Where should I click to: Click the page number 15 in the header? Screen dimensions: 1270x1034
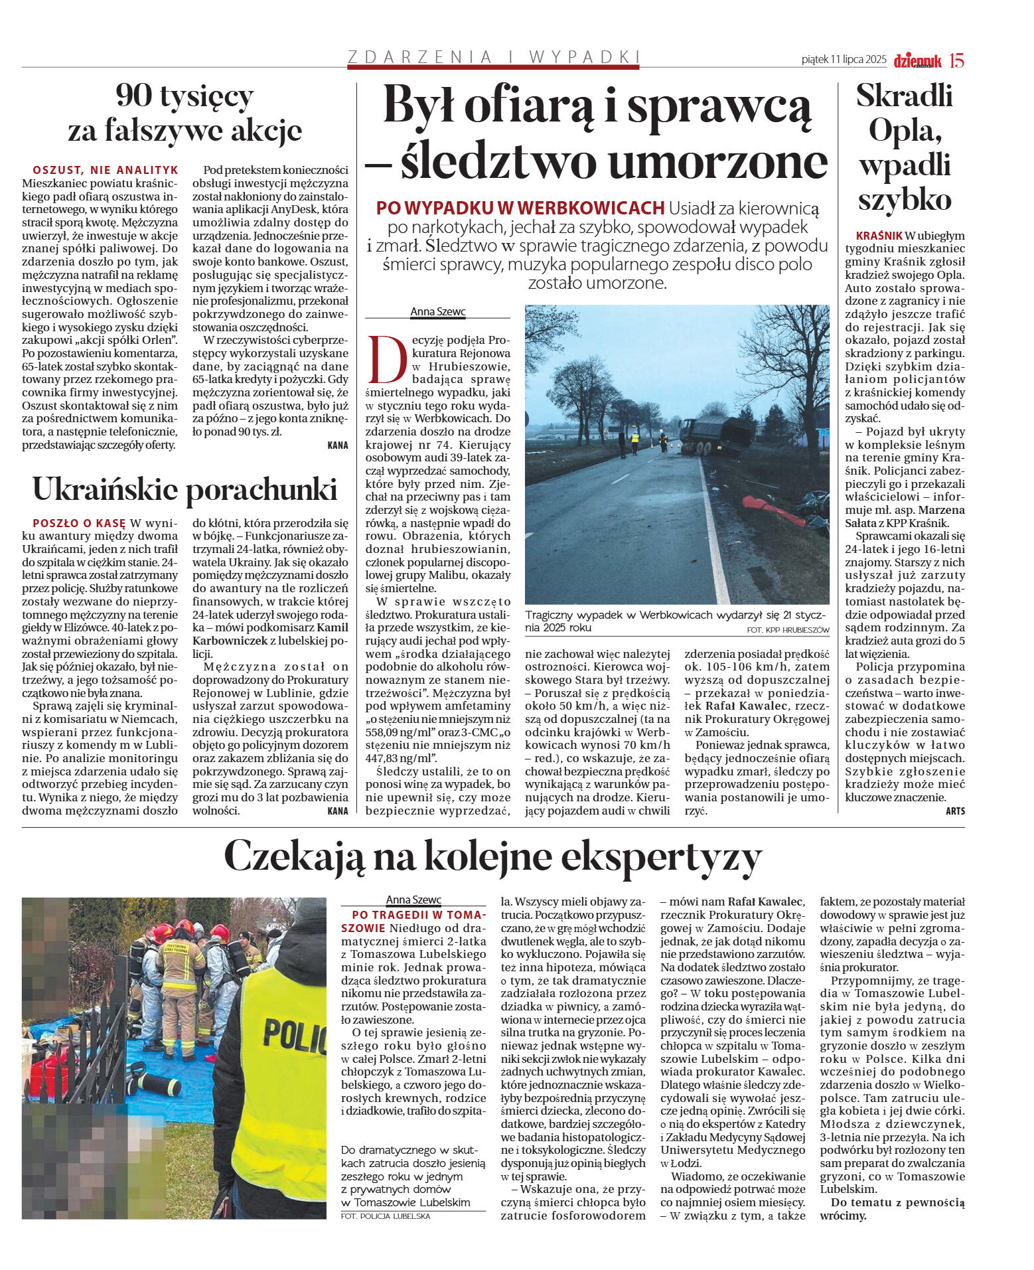click(956, 60)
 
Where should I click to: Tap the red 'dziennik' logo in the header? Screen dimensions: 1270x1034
click(917, 61)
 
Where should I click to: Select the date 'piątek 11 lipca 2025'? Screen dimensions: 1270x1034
click(844, 60)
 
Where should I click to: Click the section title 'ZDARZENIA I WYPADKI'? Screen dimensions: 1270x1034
click(494, 57)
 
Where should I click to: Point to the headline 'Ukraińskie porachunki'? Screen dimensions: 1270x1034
click(185, 490)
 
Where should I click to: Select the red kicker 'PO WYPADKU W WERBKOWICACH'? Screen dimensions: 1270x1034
click(520, 208)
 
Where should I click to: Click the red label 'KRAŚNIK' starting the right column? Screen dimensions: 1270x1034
click(879, 236)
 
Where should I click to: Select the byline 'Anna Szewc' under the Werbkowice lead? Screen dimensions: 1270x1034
click(437, 311)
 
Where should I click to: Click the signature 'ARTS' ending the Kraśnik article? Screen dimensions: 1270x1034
click(955, 811)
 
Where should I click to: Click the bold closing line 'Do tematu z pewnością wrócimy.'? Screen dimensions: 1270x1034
click(892, 1209)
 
